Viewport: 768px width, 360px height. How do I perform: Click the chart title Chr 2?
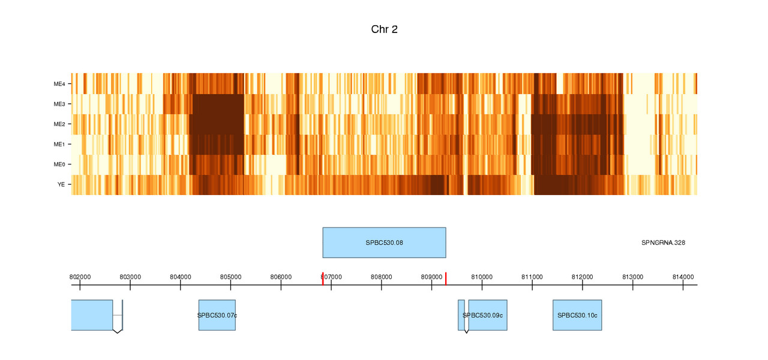tap(384, 29)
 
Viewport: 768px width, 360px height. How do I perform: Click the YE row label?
tap(61, 184)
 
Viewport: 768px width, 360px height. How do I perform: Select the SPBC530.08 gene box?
tap(384, 242)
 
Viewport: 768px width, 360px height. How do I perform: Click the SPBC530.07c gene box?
tap(217, 315)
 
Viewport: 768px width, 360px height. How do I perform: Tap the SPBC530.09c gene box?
tap(487, 315)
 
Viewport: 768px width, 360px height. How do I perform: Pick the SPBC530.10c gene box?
tap(577, 315)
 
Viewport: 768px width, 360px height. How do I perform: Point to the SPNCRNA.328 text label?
tap(663, 243)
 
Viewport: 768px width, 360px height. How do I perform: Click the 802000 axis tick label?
tap(80, 277)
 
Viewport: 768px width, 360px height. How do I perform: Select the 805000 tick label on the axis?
tap(231, 277)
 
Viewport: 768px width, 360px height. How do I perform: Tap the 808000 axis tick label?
tap(382, 277)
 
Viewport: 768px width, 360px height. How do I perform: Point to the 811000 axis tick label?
tap(532, 277)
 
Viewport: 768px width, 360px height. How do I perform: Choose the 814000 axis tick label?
tap(683, 277)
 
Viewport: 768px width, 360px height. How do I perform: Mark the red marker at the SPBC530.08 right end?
tap(446, 278)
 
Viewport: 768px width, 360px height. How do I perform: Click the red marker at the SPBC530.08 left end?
tap(323, 278)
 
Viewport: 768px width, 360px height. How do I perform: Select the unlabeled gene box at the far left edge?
tap(92, 315)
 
